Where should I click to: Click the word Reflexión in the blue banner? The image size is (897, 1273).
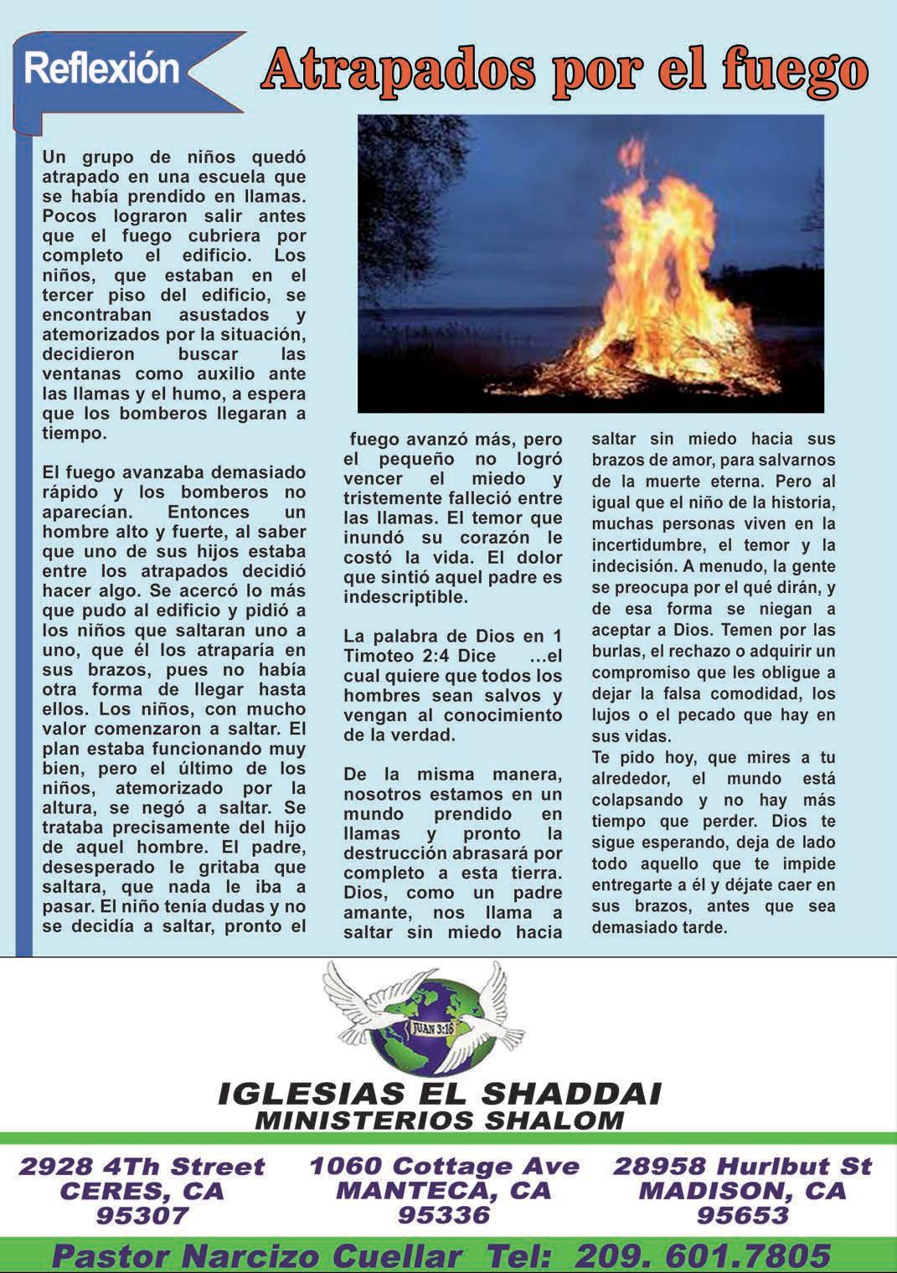pos(102,68)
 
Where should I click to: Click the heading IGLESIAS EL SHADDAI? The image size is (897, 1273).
pos(439,1093)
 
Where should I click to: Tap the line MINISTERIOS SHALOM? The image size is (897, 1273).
pos(439,1120)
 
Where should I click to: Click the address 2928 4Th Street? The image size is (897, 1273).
pos(142,1166)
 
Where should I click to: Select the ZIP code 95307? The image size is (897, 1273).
pos(142,1214)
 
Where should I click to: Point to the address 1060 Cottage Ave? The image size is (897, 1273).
pos(444,1165)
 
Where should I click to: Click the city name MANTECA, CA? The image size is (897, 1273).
pos(444,1190)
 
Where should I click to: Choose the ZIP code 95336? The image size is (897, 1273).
pos(444,1214)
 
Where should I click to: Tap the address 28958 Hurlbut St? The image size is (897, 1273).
pos(743,1166)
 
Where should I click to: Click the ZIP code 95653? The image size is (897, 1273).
pos(743,1214)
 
